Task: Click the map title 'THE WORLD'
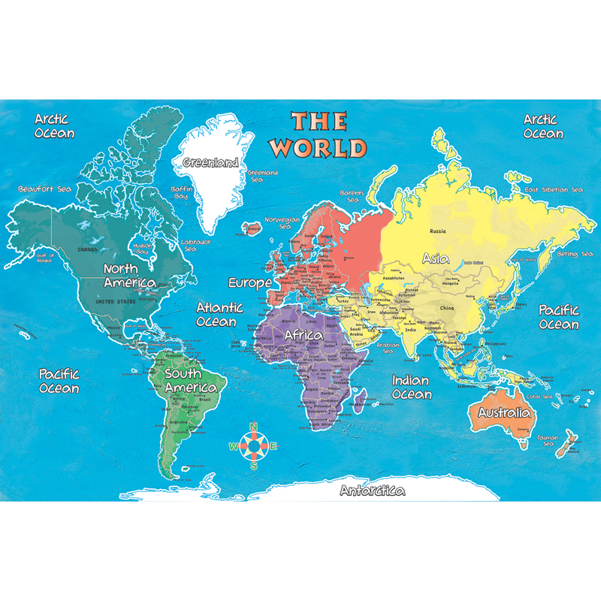pos(319,134)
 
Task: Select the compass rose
pos(254,446)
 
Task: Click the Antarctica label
pos(373,491)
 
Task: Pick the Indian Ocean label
pos(411,388)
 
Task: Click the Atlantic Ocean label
pos(219,314)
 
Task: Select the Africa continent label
pos(303,335)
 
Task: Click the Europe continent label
pos(250,283)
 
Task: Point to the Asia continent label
pos(436,258)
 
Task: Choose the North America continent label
pos(129,276)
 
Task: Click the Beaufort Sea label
pos(45,189)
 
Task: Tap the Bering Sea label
pos(575,255)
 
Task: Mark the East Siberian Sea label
pos(553,189)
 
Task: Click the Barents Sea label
pos(352,197)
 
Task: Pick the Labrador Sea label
pos(195,246)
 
